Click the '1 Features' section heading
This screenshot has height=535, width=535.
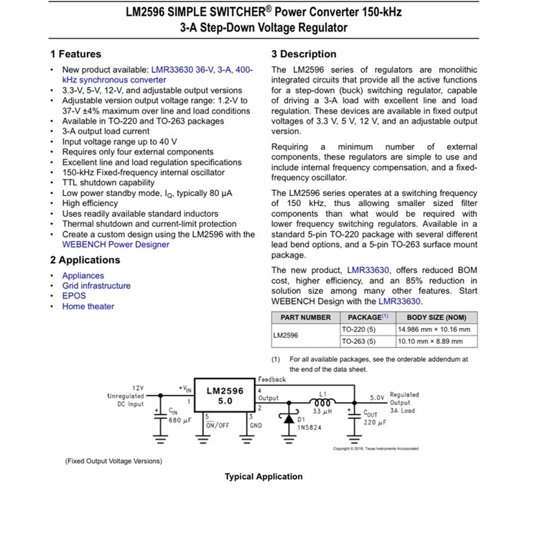pyautogui.click(x=75, y=54)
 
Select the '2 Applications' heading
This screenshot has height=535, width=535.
pyautogui.click(x=85, y=260)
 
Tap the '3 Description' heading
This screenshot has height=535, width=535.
pyautogui.click(x=304, y=54)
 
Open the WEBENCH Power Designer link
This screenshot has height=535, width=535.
pyautogui.click(x=116, y=245)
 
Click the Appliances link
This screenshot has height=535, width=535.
pyautogui.click(x=83, y=276)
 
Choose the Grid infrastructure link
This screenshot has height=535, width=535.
pyautogui.click(x=96, y=286)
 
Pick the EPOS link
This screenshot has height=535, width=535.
pyautogui.click(x=74, y=296)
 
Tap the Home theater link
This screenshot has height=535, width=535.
pyautogui.click(x=88, y=307)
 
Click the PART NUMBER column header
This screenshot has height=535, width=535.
pyautogui.click(x=306, y=317)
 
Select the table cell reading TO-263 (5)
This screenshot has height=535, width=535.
pyautogui.click(x=358, y=342)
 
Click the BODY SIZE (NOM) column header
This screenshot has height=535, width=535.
pyautogui.click(x=437, y=317)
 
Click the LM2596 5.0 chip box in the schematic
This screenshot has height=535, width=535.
pyautogui.click(x=225, y=395)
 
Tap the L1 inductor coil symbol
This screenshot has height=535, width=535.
pyautogui.click(x=322, y=403)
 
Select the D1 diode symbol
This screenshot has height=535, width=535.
pyautogui.click(x=289, y=418)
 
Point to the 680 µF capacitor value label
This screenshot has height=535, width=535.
pyautogui.click(x=180, y=421)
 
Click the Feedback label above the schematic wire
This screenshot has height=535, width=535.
pyautogui.click(x=272, y=379)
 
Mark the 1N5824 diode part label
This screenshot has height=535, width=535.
pyautogui.click(x=310, y=427)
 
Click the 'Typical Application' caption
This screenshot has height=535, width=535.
pyautogui.click(x=264, y=477)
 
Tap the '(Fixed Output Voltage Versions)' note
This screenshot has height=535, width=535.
pyautogui.click(x=113, y=461)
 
